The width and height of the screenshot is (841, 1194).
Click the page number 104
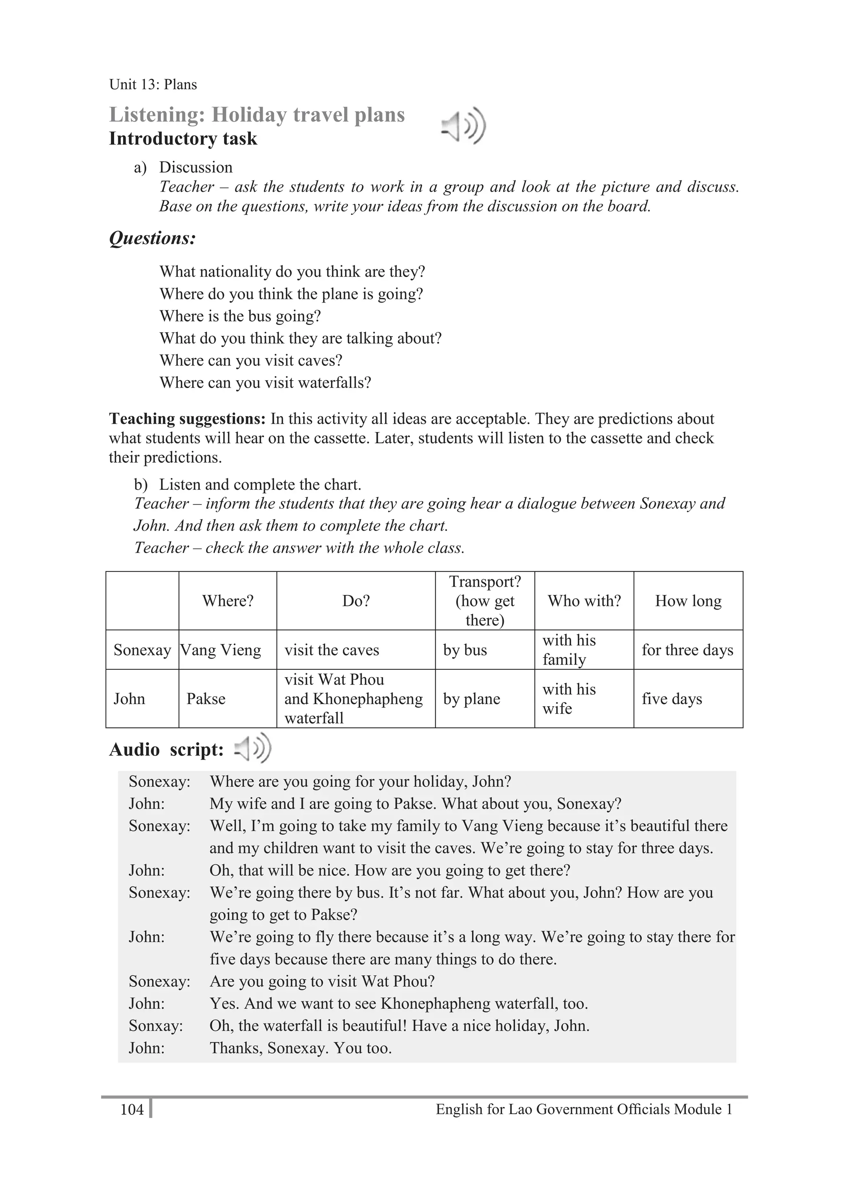(x=131, y=1109)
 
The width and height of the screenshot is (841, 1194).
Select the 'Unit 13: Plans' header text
(x=153, y=84)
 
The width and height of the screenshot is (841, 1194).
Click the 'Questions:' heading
(x=152, y=238)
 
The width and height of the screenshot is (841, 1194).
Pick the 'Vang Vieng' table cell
(x=221, y=650)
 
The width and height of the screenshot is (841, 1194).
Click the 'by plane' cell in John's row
(x=471, y=698)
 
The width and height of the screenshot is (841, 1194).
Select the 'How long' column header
(x=687, y=601)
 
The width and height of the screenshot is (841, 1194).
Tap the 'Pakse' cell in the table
(x=206, y=698)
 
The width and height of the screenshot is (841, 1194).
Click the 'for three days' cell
(x=687, y=650)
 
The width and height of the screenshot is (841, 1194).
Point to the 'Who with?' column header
(x=584, y=601)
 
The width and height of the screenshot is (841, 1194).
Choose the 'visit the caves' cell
(x=332, y=650)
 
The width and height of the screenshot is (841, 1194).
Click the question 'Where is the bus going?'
(x=240, y=316)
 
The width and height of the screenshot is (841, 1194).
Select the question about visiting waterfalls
(x=265, y=383)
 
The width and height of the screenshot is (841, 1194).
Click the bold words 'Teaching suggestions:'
(x=187, y=419)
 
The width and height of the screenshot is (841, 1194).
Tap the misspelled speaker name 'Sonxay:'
(x=156, y=1026)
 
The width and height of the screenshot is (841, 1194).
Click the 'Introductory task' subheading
(x=183, y=139)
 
